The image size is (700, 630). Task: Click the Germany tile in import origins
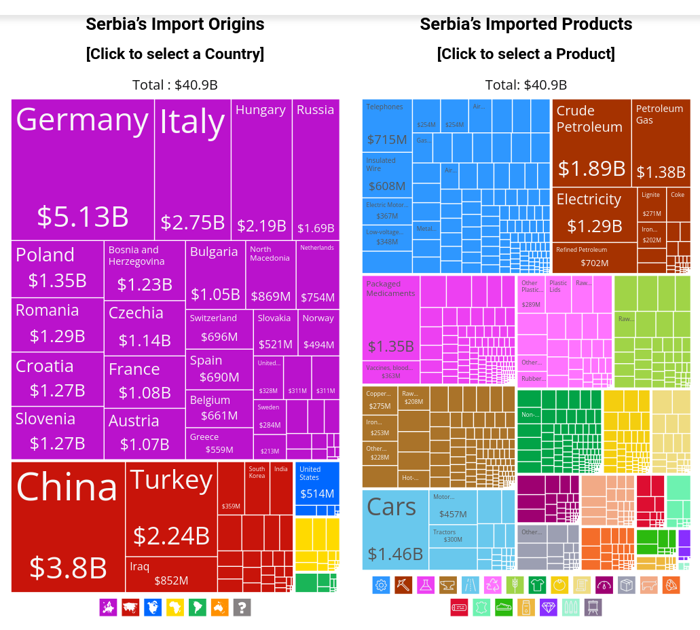(83, 170)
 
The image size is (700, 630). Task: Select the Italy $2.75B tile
(193, 170)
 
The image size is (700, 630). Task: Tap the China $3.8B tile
(68, 527)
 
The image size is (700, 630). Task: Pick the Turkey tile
(171, 508)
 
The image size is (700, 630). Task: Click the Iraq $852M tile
(171, 574)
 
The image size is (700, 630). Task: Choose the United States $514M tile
(317, 483)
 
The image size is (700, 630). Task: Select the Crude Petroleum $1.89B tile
(591, 143)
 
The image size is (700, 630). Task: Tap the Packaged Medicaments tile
(391, 319)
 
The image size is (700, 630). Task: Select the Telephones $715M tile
(387, 125)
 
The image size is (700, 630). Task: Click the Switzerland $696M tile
(219, 327)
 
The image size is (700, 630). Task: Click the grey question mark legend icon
(242, 608)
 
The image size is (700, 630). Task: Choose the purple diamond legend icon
(549, 607)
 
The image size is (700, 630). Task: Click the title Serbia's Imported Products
(526, 24)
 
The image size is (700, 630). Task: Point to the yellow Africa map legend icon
(175, 608)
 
